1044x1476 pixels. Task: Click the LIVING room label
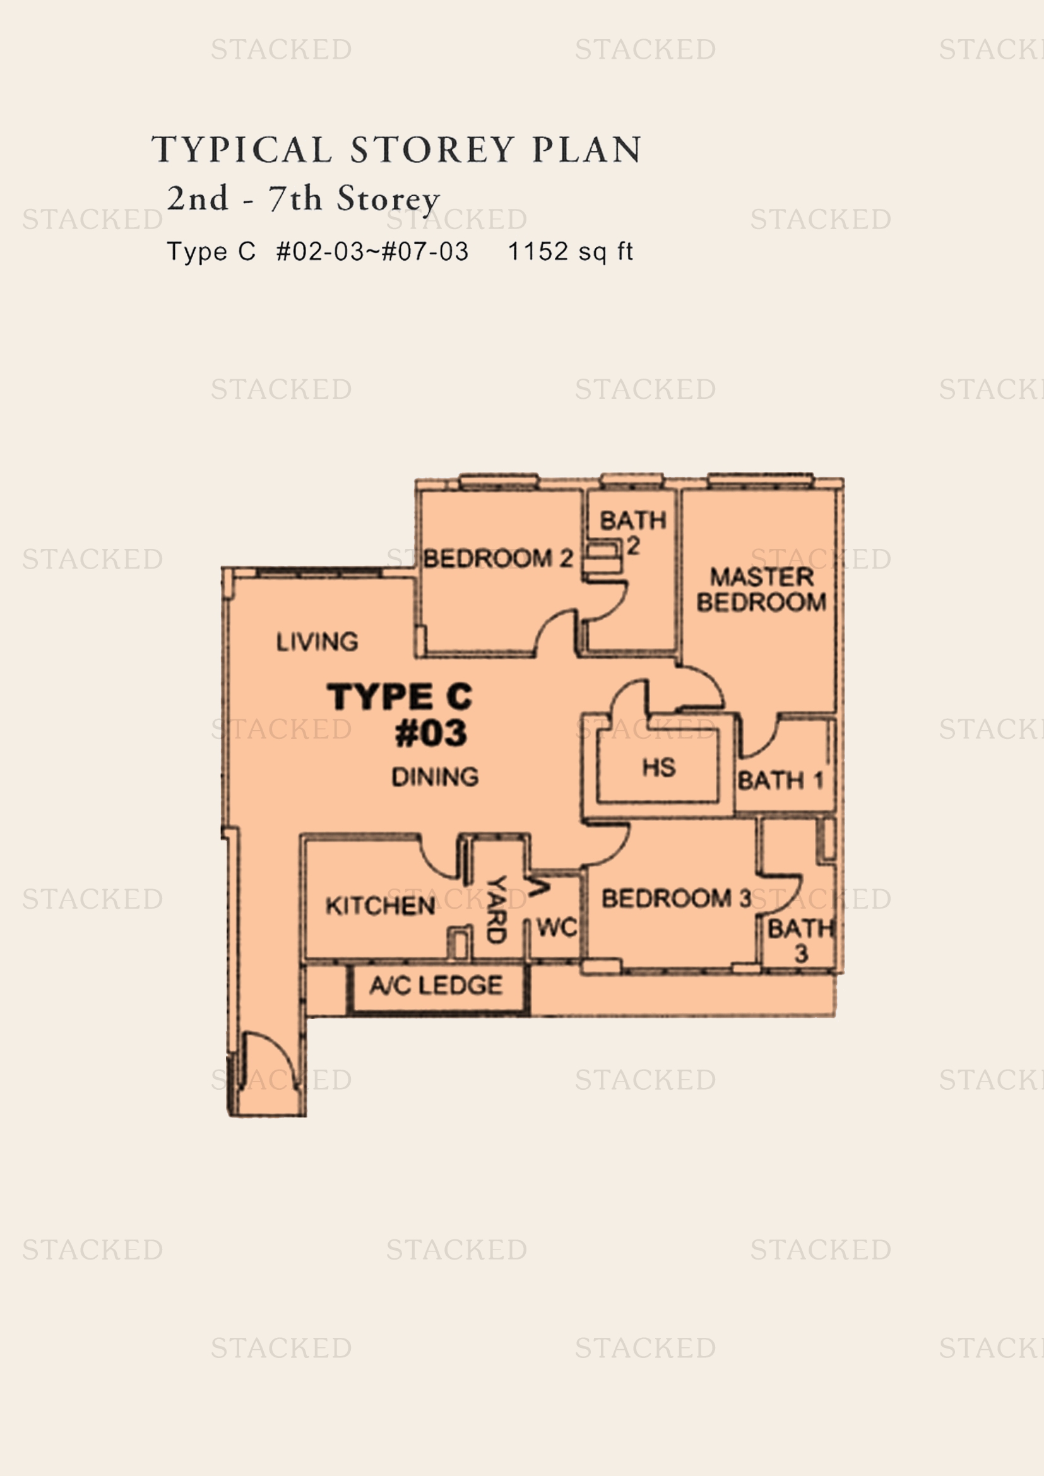[x=317, y=641]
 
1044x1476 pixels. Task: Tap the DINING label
[x=436, y=777]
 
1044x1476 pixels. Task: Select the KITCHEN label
[x=380, y=906]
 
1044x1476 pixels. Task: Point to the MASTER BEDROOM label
[x=761, y=589]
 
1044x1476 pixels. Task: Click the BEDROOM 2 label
[x=497, y=558]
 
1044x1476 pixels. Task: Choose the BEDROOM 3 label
[x=676, y=898]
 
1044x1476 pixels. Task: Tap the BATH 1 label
[x=780, y=781]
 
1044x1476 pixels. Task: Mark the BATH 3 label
[x=800, y=940]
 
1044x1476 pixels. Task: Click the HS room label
[x=658, y=767]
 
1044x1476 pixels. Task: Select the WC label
[x=557, y=927]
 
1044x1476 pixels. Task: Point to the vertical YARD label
[x=495, y=909]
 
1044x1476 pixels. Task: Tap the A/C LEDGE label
[x=436, y=985]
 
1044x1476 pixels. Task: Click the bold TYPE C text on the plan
[x=400, y=697]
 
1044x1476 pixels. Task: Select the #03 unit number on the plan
[x=430, y=733]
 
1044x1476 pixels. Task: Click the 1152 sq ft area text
[x=570, y=251]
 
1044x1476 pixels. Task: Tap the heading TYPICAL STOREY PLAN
[x=396, y=149]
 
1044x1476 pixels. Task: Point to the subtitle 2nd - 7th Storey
[x=304, y=199]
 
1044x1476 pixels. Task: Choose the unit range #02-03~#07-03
[x=372, y=251]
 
